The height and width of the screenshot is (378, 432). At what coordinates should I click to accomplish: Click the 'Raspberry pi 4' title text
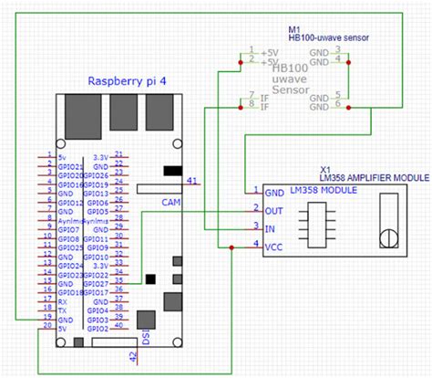click(x=127, y=80)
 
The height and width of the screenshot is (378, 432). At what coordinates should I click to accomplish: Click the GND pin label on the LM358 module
click(x=273, y=193)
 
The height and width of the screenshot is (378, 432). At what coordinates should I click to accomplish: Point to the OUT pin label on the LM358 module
click(x=273, y=209)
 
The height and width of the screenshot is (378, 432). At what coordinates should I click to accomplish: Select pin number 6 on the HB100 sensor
click(x=337, y=103)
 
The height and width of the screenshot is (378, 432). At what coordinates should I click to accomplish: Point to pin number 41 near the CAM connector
click(x=190, y=181)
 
